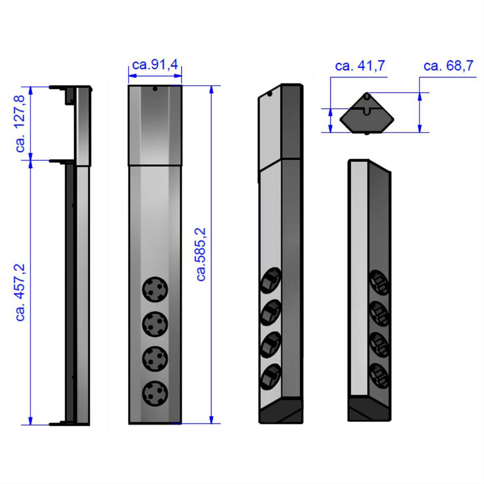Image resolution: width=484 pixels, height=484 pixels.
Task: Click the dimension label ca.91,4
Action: (x=155, y=65)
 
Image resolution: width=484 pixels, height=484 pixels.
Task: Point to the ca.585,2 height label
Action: (x=201, y=254)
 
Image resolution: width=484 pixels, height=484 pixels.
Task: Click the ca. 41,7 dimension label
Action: (x=360, y=65)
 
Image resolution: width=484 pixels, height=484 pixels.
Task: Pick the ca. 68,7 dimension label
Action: (x=449, y=65)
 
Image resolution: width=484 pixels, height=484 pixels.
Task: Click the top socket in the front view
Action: (x=155, y=289)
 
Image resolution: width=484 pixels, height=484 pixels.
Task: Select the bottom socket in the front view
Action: (x=155, y=393)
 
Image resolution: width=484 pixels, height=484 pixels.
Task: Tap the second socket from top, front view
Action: (x=155, y=324)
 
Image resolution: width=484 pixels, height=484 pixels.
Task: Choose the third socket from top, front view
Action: (x=155, y=358)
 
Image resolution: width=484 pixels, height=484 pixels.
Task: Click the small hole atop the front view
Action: (x=154, y=89)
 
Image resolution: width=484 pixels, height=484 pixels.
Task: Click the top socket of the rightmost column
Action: (x=379, y=282)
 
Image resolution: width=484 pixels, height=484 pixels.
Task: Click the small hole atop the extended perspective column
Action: (x=270, y=94)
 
